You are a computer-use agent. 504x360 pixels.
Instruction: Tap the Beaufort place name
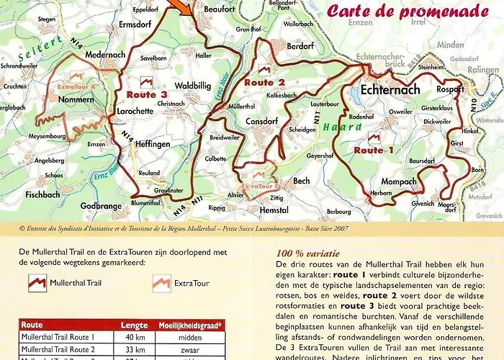point(220,9)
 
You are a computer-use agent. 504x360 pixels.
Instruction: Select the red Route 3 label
point(147,94)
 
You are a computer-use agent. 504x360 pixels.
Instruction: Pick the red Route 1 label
point(374,150)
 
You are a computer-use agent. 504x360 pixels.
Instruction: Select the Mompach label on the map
point(399,181)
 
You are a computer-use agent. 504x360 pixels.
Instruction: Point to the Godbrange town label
point(102,206)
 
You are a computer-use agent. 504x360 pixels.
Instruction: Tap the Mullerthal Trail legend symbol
point(37,282)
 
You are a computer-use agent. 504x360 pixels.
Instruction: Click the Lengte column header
point(134,325)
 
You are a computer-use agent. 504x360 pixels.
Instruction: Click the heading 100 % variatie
point(307,253)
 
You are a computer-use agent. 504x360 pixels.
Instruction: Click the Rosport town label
point(451,89)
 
